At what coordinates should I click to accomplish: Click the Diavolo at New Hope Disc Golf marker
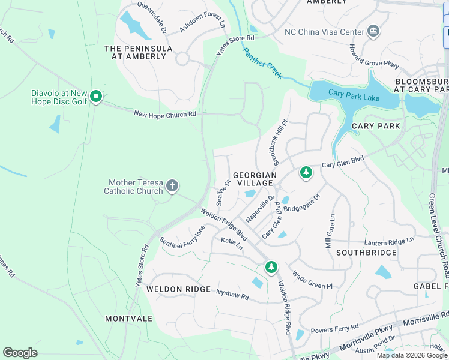point(95,97)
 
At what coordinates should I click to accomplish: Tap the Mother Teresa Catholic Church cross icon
point(172,186)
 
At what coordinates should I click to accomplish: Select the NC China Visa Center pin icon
point(373,31)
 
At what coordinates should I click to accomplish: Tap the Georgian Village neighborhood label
point(255,178)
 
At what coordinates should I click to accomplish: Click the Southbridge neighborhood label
point(366,253)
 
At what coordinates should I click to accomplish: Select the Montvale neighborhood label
point(128,318)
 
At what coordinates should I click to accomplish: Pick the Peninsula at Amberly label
point(139,52)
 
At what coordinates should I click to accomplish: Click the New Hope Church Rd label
point(165,113)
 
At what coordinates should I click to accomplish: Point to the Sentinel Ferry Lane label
point(183,237)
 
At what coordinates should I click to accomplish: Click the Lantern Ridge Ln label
point(389,241)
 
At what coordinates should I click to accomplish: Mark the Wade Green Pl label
point(312,280)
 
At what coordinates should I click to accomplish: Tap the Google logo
point(20,353)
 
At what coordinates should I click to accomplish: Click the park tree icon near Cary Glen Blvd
point(306,173)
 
